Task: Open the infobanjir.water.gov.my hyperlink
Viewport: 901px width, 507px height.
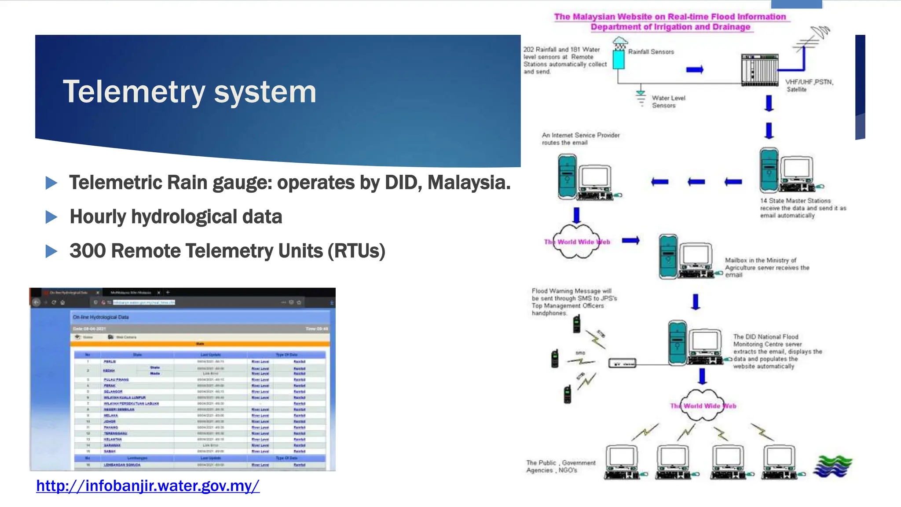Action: pyautogui.click(x=148, y=486)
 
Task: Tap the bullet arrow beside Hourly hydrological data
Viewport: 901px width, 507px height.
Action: pyautogui.click(x=51, y=217)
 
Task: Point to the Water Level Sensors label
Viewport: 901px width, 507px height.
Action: pyautogui.click(x=668, y=102)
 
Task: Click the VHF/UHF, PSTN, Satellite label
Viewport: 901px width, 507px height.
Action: pyautogui.click(x=809, y=85)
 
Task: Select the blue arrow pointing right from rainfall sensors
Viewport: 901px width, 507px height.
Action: pyautogui.click(x=695, y=70)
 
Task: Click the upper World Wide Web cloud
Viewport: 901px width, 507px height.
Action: pyautogui.click(x=576, y=242)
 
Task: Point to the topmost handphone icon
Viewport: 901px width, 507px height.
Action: pyautogui.click(x=577, y=325)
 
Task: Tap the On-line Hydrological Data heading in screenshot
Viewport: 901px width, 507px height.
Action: pyautogui.click(x=101, y=317)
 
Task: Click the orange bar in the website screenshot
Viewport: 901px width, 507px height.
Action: pyautogui.click(x=200, y=344)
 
